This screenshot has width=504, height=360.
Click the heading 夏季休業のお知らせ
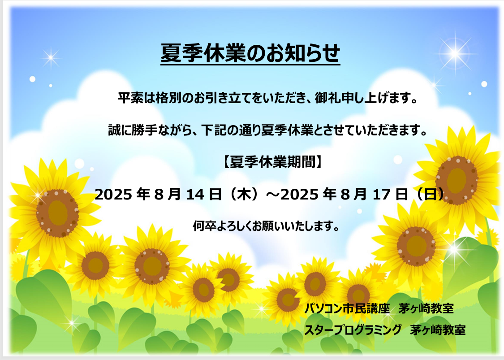[x=250, y=53]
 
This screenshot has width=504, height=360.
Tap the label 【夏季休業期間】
[x=272, y=162]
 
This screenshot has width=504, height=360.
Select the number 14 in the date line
[x=195, y=194]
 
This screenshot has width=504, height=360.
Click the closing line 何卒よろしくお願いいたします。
[x=266, y=226]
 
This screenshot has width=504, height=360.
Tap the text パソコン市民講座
[x=347, y=308]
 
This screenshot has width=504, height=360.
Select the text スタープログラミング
[x=353, y=330]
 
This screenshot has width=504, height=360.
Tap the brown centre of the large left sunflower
[x=57, y=213]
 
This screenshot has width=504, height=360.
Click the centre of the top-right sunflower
[x=457, y=180]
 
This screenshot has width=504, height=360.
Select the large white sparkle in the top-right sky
[x=455, y=53]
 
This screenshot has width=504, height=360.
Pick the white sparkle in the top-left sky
[x=51, y=58]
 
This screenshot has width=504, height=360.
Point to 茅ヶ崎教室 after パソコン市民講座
[x=426, y=308]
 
